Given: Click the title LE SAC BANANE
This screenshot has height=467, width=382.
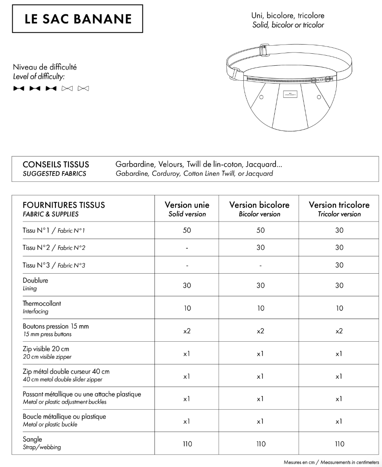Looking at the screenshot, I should coord(77,19).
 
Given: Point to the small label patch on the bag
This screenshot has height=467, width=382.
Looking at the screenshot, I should coord(291,94).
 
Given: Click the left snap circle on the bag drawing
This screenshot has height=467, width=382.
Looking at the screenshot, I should coord(261,97).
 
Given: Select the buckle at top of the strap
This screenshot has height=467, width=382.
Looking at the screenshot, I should coord(263,50).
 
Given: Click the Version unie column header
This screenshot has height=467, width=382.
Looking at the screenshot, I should coord(187,209).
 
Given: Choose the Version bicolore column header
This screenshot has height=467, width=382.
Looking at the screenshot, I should coord(259,209).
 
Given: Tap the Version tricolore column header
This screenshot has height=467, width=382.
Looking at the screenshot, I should coord(339,209).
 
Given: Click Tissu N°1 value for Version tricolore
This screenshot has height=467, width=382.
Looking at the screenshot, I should coord(339,230).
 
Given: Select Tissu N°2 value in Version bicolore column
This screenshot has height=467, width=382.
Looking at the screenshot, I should coord(260,247).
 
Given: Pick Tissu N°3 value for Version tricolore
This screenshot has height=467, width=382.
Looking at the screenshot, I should coord(339,265).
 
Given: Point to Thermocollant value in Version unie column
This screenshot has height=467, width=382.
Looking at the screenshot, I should coord(187,308).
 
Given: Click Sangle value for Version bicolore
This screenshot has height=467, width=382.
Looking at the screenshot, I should coord(260,444).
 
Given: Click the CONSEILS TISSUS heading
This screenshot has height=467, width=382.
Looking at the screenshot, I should coord(56,165).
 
